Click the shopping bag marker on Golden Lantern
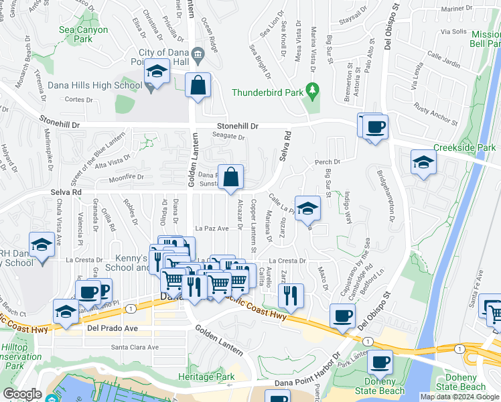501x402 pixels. coord(198,86)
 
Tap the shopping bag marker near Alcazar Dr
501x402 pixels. coord(230,178)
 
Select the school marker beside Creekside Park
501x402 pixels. coord(423,163)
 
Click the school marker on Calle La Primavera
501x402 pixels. coord(307,208)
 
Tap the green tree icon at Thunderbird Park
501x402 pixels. coord(311,88)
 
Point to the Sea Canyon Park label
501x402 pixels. coord(84,34)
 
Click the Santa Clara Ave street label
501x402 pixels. coord(135,347)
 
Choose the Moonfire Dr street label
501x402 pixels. coord(127,178)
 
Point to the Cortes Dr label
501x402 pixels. coord(79,99)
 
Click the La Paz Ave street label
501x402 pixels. coord(212,228)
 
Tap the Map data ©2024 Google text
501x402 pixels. coord(459,397)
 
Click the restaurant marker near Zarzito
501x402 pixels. coord(291,295)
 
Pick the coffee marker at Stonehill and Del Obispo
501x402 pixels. coord(375,127)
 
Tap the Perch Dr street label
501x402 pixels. coord(328,161)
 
